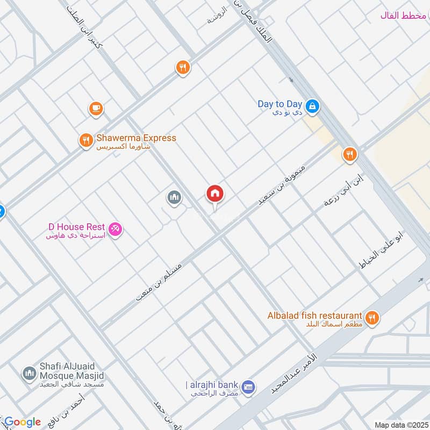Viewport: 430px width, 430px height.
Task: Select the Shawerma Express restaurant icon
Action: [85, 141]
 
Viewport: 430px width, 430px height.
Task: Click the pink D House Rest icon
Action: [116, 230]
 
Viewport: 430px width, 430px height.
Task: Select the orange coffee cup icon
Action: [96, 109]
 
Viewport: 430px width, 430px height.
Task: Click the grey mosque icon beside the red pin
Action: [174, 198]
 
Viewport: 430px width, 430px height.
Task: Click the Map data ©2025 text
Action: [400, 425]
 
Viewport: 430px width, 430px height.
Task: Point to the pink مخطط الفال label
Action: [403, 16]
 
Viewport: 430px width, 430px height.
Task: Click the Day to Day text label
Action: [279, 104]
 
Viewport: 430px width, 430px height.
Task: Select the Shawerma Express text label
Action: [136, 138]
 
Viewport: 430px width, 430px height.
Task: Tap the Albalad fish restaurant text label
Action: [314, 315]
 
